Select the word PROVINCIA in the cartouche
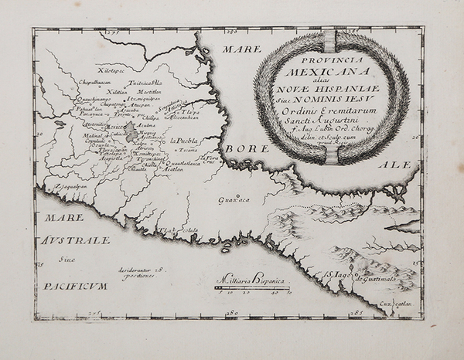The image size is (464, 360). (331, 57)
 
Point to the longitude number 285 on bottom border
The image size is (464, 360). (358, 313)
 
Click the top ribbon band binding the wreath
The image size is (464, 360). (331, 40)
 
